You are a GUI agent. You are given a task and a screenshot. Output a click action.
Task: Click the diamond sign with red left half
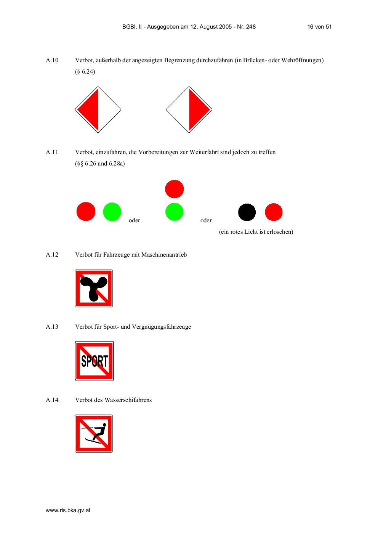(98, 109)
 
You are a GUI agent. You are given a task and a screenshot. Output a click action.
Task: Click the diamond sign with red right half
(189, 109)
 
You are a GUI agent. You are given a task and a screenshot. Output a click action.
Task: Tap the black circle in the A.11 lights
(247, 212)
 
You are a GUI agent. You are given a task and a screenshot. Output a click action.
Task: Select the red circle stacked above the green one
(175, 189)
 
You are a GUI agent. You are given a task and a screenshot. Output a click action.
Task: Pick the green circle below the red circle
(175, 212)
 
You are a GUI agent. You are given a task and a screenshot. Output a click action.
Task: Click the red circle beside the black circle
(274, 212)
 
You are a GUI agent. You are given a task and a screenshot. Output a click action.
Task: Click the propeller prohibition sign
(94, 288)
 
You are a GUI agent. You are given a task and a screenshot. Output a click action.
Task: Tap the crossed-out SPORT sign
(94, 361)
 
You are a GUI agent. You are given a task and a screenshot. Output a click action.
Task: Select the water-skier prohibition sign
(94, 434)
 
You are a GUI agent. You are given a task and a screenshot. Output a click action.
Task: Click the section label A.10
(52, 60)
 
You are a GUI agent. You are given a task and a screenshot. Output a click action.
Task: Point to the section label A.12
(52, 255)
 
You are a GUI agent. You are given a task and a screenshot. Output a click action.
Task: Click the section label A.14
(52, 400)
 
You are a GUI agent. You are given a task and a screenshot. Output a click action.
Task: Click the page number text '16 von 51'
(319, 27)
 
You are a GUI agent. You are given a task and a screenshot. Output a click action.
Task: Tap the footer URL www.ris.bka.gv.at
(68, 511)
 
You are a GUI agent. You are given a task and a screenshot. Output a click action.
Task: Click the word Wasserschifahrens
(128, 400)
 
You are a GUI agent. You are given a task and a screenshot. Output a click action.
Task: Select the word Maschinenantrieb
(164, 255)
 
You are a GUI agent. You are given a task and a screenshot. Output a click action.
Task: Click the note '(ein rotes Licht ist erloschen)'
(256, 232)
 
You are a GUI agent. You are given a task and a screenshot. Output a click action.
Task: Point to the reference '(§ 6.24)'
(85, 72)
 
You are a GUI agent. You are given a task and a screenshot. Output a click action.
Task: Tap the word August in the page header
(208, 27)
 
